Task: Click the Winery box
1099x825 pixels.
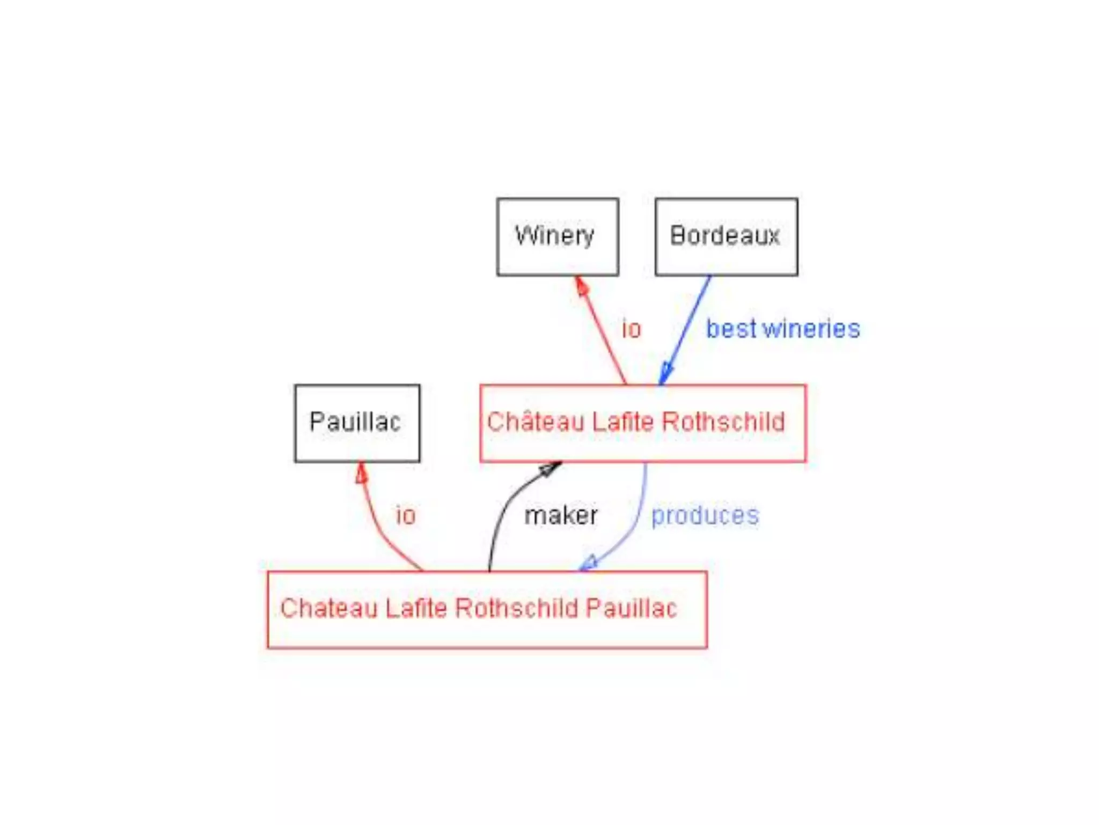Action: click(558, 237)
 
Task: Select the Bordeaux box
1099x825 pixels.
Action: click(726, 237)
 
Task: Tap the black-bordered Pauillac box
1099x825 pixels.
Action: click(357, 423)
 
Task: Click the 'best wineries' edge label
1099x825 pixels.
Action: click(782, 329)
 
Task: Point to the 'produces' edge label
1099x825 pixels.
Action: click(705, 515)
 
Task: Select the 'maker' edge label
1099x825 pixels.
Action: click(561, 515)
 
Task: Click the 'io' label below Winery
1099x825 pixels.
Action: click(631, 329)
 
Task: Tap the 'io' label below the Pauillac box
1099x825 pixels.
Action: click(406, 515)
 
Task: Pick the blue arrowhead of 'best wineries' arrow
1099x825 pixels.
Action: click(665, 373)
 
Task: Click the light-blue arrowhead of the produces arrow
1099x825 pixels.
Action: click(589, 563)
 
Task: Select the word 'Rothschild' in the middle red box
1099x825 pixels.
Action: click(723, 422)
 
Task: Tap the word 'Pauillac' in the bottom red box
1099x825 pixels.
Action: click(631, 609)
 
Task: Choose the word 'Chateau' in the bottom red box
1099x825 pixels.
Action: click(329, 609)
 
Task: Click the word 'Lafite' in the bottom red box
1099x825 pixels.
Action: click(416, 609)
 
